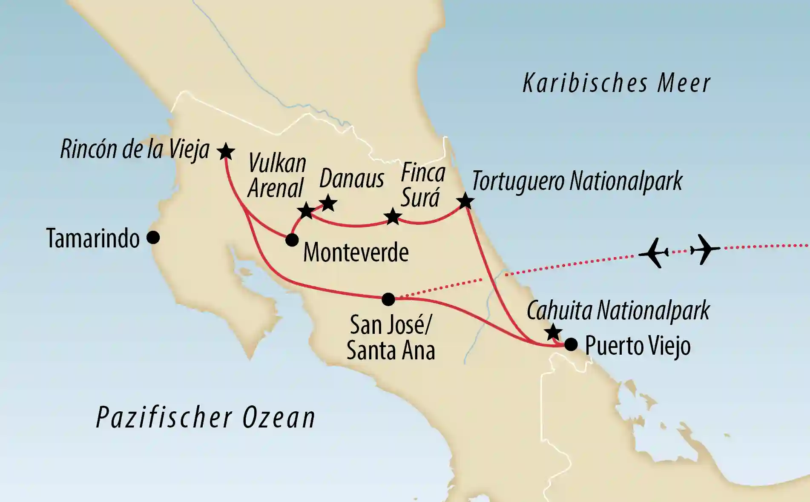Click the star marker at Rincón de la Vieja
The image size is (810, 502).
pos(226,151)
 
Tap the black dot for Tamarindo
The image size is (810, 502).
pos(153,238)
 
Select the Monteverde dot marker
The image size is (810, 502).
pos(292,240)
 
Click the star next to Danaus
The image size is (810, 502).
pos(328,203)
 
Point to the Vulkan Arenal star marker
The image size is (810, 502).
pos(306,211)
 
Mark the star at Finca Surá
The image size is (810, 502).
pos(393,217)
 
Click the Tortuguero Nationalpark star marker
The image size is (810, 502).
pos(465,201)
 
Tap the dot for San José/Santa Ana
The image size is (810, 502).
pos(388,299)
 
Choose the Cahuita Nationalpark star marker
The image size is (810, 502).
pos(553,332)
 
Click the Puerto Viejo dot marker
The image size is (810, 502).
pos(571,344)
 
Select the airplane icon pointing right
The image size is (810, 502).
pos(705,249)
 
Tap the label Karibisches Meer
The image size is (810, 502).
pos(616,83)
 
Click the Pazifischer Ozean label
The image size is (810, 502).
pos(206,418)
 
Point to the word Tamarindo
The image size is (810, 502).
pos(93,238)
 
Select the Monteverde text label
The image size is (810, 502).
pos(356,253)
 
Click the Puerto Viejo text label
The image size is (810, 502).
pos(638,346)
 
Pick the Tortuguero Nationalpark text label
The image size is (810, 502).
pos(577,181)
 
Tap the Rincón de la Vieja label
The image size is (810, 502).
pos(135,149)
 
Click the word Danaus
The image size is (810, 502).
pos(352,179)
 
